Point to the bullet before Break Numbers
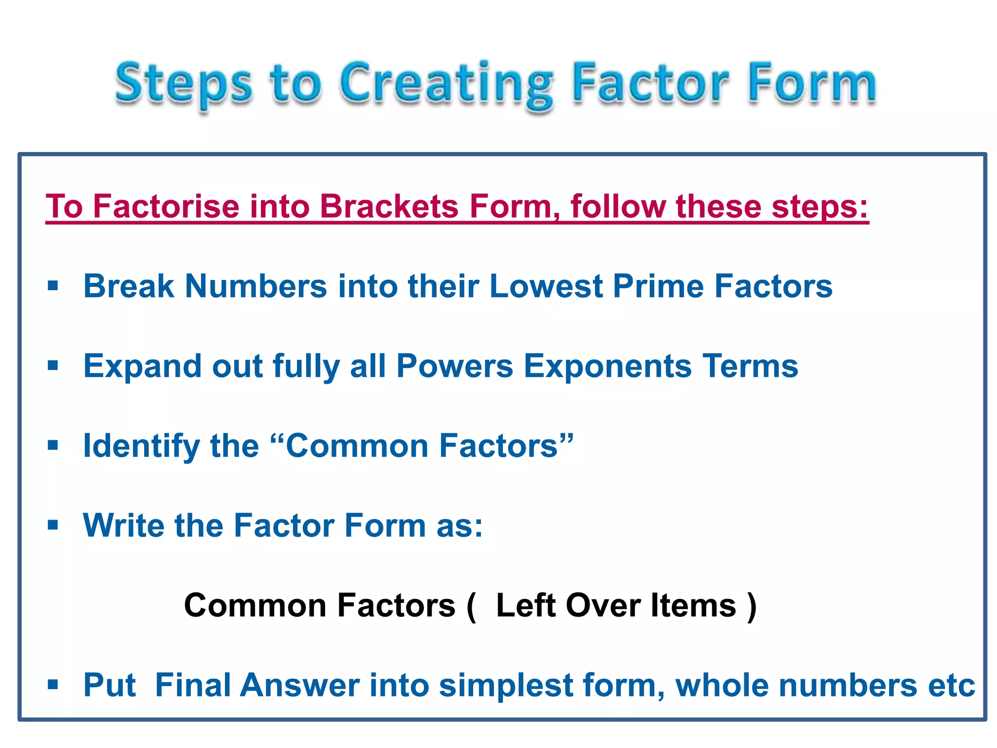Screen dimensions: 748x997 pyautogui.click(x=53, y=285)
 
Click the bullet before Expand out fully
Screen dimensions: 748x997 pyautogui.click(x=53, y=365)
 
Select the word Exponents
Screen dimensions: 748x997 pyautogui.click(x=608, y=366)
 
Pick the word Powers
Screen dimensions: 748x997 pyautogui.click(x=455, y=366)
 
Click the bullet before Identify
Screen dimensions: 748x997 pyautogui.click(x=53, y=445)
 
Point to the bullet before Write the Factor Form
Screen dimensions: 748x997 pyautogui.click(x=53, y=525)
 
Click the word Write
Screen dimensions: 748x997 pyautogui.click(x=124, y=526)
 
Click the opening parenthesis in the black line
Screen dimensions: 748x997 pyautogui.click(x=471, y=607)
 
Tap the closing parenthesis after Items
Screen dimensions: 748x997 pyautogui.click(x=752, y=607)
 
